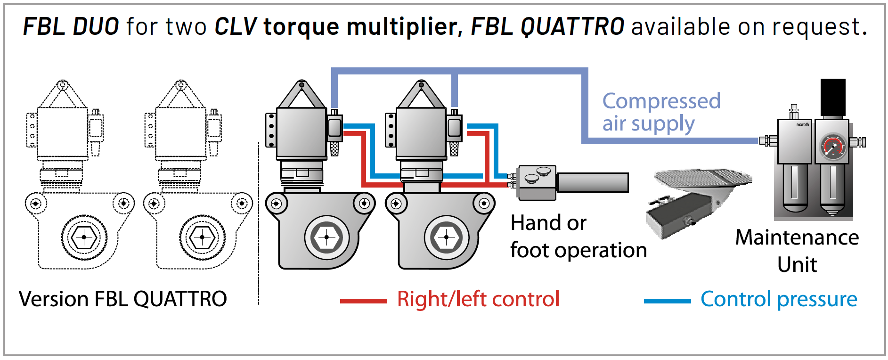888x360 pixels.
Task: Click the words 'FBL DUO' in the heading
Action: click(71, 26)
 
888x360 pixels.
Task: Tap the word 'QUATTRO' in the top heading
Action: click(572, 26)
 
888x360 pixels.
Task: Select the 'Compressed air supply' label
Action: click(660, 112)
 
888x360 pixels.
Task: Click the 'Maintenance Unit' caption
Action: click(797, 250)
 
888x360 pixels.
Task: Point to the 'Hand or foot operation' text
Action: click(578, 237)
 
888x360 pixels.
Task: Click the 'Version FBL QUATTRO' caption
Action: click(122, 299)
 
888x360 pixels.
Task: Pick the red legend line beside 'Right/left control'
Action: click(363, 301)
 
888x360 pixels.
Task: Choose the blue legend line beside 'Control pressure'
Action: click(667, 301)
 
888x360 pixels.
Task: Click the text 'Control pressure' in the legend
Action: click(778, 299)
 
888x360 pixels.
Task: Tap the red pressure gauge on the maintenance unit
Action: click(832, 147)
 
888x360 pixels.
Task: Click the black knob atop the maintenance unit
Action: click(832, 97)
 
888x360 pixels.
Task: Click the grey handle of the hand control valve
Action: click(592, 182)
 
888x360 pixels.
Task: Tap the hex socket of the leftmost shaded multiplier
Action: click(326, 237)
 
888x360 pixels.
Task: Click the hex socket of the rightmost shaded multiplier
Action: click(446, 237)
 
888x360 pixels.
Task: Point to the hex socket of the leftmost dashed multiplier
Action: click(84, 237)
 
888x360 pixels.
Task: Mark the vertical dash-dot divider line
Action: click(259, 221)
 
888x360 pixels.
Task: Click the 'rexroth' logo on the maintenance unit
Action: click(802, 125)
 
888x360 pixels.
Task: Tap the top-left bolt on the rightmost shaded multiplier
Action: click(396, 204)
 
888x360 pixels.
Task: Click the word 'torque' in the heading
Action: click(301, 26)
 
